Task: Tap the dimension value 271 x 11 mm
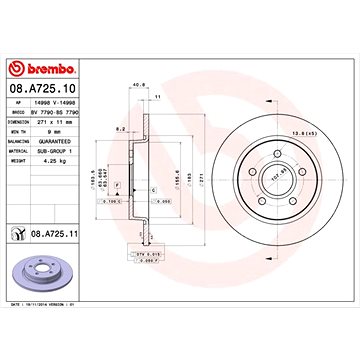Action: [x=67, y=124]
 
